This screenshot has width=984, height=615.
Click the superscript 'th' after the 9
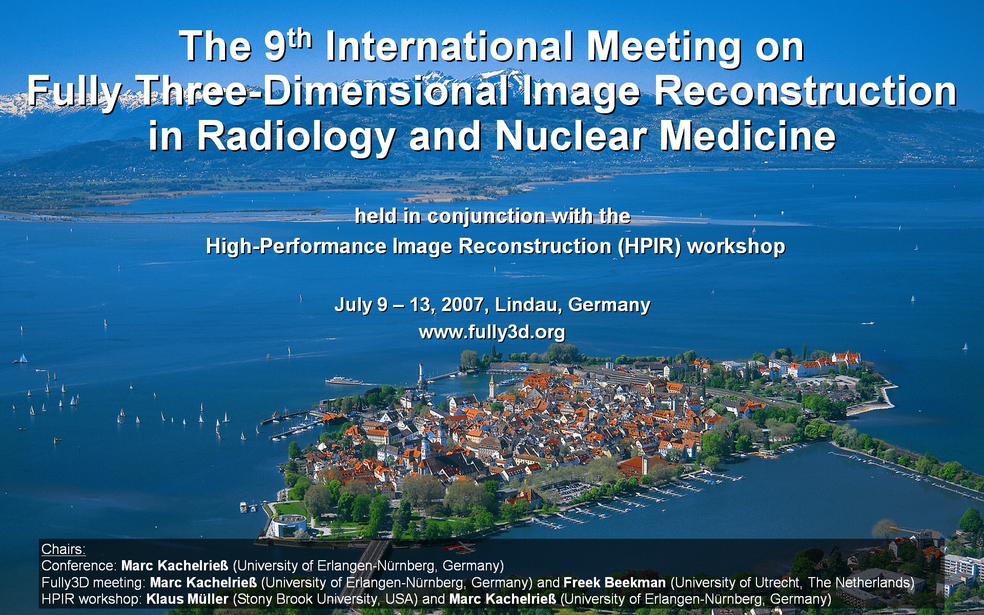pyautogui.click(x=299, y=39)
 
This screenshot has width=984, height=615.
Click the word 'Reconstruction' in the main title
pyautogui.click(x=806, y=91)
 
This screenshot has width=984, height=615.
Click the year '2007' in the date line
pyautogui.click(x=462, y=305)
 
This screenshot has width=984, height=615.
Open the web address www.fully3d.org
pyautogui.click(x=492, y=333)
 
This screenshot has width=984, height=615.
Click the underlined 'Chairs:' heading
pyautogui.click(x=63, y=549)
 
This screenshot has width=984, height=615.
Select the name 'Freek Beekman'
pyautogui.click(x=614, y=583)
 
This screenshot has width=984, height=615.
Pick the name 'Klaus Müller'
pyautogui.click(x=187, y=599)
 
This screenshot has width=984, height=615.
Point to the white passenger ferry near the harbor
pyautogui.click(x=344, y=380)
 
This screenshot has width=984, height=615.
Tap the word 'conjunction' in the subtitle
pyautogui.click(x=485, y=217)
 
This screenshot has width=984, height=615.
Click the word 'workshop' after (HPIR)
pyautogui.click(x=736, y=247)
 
